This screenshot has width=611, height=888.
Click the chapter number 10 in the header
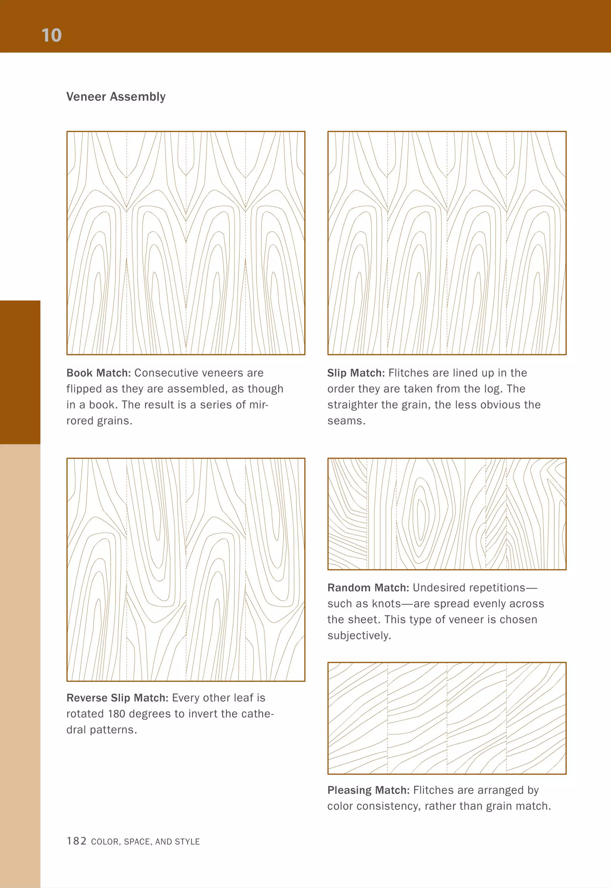point(51,35)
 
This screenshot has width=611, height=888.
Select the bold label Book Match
point(98,373)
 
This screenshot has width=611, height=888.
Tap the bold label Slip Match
point(356,373)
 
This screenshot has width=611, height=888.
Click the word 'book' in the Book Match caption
point(103,405)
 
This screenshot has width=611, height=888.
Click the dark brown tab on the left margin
point(20,372)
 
